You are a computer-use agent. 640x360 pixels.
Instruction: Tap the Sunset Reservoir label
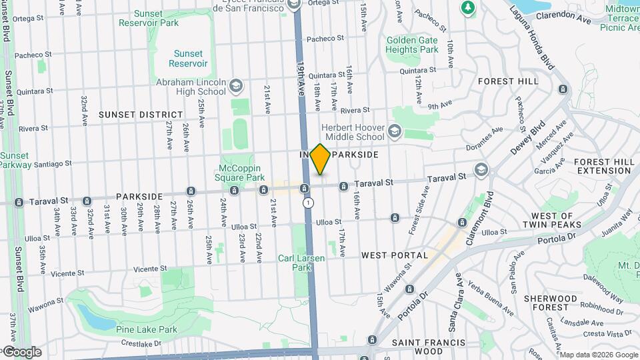[x=187, y=58]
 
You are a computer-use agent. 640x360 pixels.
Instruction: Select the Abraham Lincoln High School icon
[x=235, y=85]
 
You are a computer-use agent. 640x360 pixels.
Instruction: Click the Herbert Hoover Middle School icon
[x=395, y=131]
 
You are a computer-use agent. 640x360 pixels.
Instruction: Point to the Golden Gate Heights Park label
[x=412, y=45]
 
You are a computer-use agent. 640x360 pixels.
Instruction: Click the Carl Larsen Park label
[x=295, y=263]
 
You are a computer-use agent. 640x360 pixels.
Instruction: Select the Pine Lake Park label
[x=146, y=329]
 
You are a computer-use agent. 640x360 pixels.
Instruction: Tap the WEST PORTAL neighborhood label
[x=395, y=255]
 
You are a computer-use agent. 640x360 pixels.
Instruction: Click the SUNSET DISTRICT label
[x=141, y=115]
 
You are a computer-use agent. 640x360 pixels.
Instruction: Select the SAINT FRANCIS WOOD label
[x=428, y=347]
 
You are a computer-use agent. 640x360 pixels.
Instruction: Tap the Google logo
[x=21, y=351]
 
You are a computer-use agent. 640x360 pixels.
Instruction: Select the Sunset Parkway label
[x=15, y=160]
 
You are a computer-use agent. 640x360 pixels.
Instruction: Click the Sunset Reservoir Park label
[x=149, y=18]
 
